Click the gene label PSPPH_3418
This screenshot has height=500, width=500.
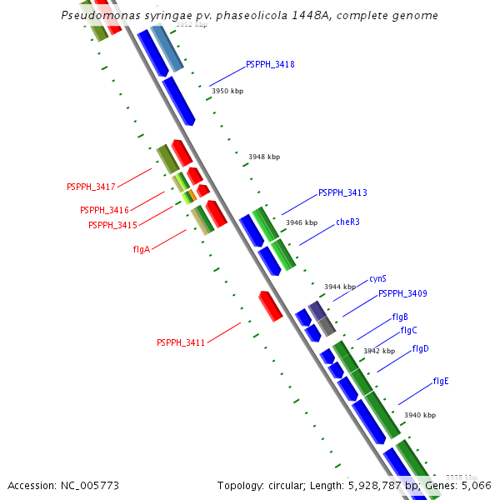(x=270, y=64)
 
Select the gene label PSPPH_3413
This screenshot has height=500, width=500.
(x=342, y=192)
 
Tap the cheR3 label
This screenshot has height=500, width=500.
(x=348, y=222)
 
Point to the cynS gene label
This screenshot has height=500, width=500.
(x=377, y=278)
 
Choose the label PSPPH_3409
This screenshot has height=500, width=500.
(x=402, y=293)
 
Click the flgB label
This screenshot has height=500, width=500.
(x=400, y=317)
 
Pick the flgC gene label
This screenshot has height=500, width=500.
(x=408, y=330)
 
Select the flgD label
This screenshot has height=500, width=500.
(x=420, y=348)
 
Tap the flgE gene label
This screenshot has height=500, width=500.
(x=441, y=381)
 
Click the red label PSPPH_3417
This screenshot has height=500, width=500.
(x=91, y=186)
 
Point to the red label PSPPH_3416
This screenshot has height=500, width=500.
(x=104, y=210)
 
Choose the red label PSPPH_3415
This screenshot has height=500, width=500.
(x=112, y=225)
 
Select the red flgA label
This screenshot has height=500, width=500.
(x=142, y=249)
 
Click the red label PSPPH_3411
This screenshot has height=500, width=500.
(x=181, y=342)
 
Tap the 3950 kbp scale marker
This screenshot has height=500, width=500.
(x=227, y=91)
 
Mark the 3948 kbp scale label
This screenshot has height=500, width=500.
(x=264, y=157)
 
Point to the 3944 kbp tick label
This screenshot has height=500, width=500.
(x=340, y=287)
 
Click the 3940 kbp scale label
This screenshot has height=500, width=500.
(x=419, y=415)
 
